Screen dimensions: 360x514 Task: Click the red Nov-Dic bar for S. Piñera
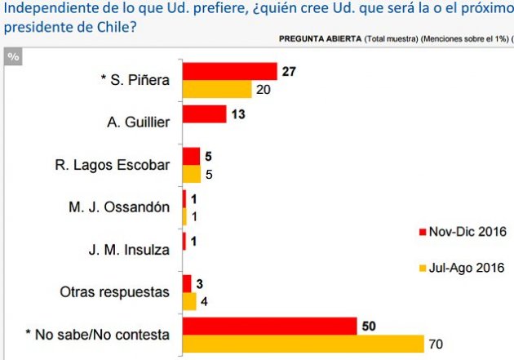pyautogui.click(x=230, y=71)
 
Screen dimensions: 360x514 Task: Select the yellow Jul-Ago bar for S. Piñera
pyautogui.click(x=216, y=88)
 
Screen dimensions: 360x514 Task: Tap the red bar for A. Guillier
pyautogui.click(x=204, y=113)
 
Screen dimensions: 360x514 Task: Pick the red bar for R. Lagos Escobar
pyautogui.click(x=191, y=156)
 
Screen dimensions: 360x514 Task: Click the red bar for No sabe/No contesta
pyautogui.click(x=269, y=326)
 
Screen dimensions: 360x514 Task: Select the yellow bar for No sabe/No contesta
pyautogui.click(x=303, y=344)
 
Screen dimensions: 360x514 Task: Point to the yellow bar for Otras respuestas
pyautogui.click(x=189, y=301)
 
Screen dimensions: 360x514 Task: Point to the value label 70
pyautogui.click(x=437, y=344)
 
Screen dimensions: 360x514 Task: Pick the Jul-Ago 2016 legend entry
pyautogui.click(x=461, y=267)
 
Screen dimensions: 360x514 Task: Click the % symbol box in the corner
pyautogui.click(x=13, y=56)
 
